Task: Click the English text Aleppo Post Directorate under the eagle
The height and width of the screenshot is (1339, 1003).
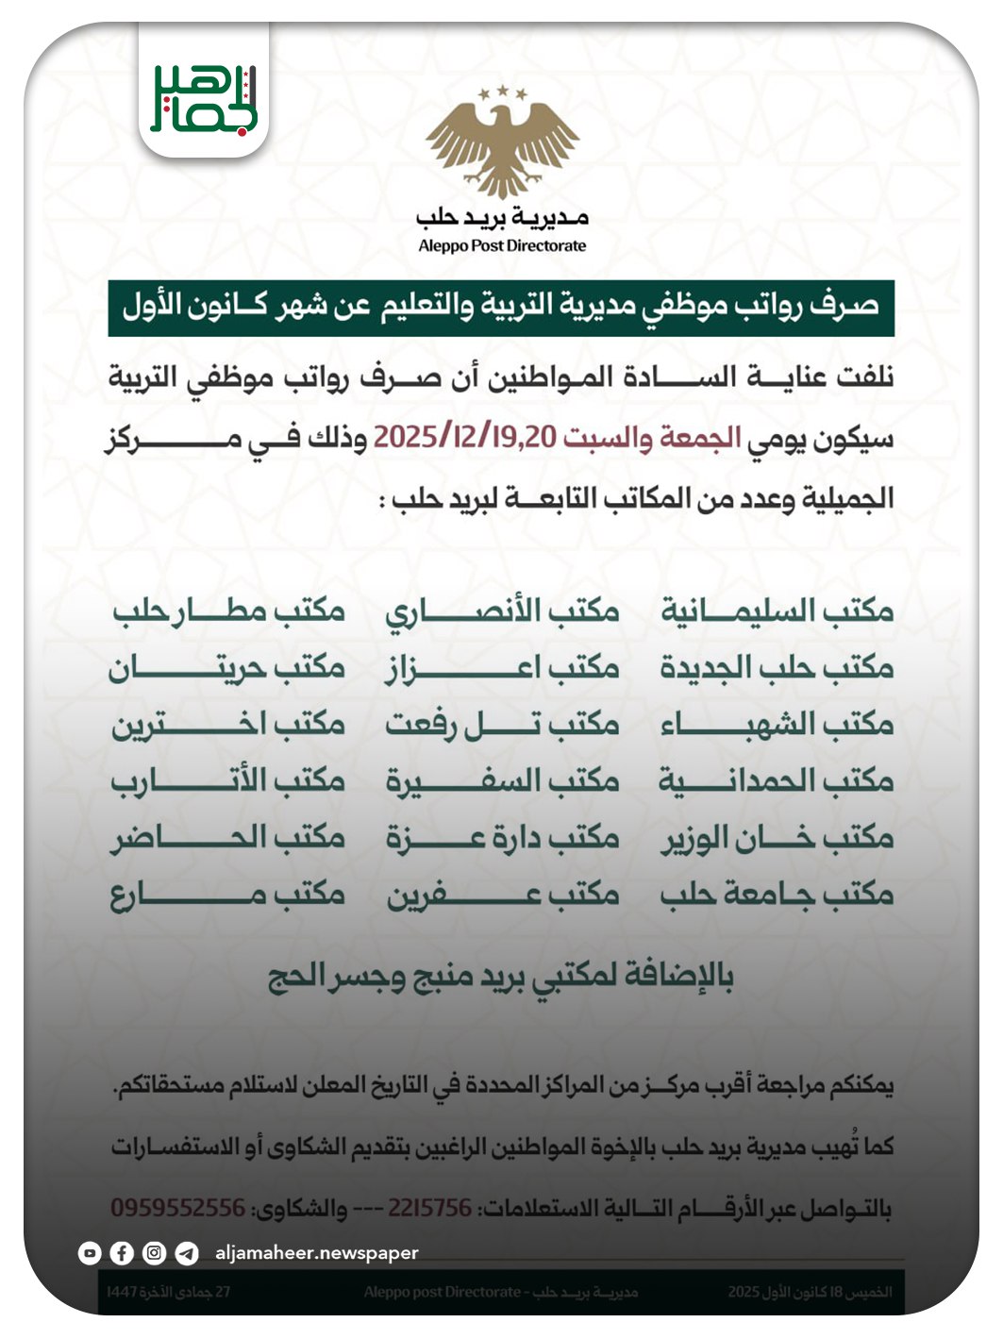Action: (502, 246)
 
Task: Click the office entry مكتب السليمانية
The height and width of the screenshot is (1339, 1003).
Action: (777, 611)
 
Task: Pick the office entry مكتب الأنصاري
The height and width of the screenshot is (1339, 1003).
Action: (502, 611)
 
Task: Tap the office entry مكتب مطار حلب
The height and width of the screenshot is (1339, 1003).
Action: (228, 611)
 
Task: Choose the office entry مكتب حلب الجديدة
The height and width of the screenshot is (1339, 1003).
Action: (777, 667)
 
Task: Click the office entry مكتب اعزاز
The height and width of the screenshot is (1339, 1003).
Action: (502, 667)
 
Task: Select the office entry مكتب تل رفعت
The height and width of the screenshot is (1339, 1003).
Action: (502, 724)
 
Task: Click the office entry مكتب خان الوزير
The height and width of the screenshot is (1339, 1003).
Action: (777, 837)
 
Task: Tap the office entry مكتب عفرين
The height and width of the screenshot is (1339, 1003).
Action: (502, 894)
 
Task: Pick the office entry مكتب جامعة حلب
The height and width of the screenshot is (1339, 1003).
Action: (777, 894)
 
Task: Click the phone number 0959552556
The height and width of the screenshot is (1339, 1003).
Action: (178, 1208)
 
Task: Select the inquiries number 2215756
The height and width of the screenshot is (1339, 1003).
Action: (429, 1208)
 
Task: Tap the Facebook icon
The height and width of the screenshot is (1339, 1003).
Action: (122, 1253)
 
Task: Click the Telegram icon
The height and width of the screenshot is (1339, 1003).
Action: (187, 1253)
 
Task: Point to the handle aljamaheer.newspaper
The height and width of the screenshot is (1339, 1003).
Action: (316, 1253)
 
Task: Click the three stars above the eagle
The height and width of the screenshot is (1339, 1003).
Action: (502, 92)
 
